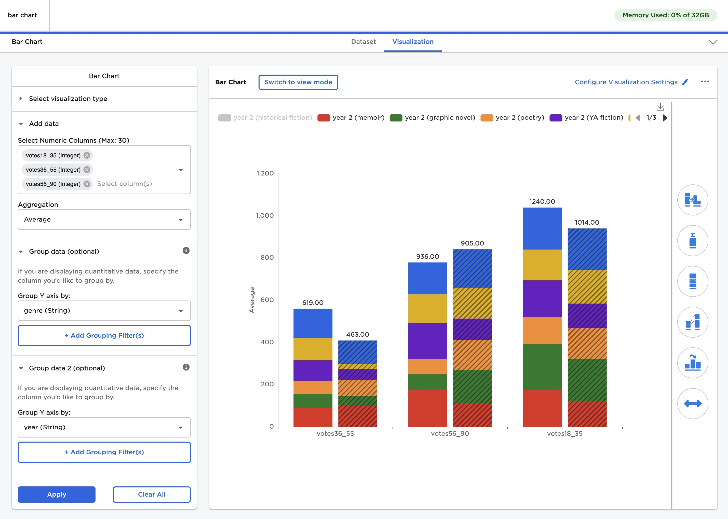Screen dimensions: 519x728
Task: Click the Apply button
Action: pos(57,494)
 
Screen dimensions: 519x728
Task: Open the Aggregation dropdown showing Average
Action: pos(104,220)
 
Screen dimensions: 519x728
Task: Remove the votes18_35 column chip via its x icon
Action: pos(87,155)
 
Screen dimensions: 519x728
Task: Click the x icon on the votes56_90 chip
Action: pos(87,184)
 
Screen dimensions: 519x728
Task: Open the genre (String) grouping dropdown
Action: pos(104,311)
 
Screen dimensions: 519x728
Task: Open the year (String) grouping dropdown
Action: pos(104,427)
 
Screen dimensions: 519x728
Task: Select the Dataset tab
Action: pos(363,42)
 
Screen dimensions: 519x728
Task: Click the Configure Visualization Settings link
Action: pos(626,82)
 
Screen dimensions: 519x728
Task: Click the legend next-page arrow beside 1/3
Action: pos(665,118)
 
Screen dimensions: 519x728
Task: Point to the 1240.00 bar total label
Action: pos(542,201)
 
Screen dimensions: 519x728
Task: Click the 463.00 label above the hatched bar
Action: pos(357,334)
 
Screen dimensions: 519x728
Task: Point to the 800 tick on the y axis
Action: pos(267,257)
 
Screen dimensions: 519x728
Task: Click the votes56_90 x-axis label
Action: pos(450,433)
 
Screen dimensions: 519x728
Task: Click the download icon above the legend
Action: pos(660,106)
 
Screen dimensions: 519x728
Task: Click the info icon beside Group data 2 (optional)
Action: pos(186,367)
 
